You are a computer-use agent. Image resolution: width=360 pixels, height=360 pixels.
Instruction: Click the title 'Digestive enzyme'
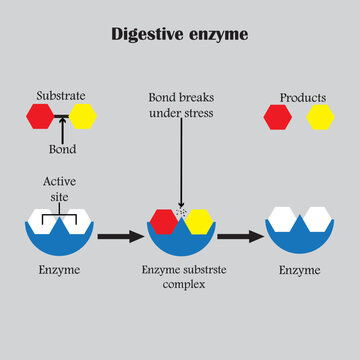click(180, 35)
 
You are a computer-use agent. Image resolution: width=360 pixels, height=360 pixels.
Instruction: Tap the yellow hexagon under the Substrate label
click(82, 117)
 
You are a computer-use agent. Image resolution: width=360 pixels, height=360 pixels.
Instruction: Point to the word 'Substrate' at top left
click(60, 95)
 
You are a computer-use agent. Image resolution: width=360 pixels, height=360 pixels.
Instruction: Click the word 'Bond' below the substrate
click(62, 150)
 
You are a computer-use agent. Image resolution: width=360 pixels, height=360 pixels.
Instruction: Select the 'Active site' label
click(59, 189)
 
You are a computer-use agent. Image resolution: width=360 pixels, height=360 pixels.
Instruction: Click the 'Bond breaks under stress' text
click(180, 104)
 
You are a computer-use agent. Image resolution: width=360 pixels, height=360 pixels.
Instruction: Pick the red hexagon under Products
click(278, 119)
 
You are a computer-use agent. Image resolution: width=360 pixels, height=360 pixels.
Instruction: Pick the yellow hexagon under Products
click(320, 119)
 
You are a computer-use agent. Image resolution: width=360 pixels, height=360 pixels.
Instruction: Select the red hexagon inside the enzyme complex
click(164, 222)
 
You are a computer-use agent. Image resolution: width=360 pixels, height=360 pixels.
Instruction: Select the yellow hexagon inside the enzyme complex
click(199, 222)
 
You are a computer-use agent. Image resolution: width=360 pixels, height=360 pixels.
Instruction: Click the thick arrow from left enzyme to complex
click(121, 237)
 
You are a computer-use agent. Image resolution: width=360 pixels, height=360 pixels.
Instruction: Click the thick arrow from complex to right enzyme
click(240, 237)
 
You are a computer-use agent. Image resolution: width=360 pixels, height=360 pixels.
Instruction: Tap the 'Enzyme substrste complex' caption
click(180, 278)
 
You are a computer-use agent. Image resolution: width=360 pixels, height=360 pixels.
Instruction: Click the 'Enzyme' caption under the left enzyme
click(59, 271)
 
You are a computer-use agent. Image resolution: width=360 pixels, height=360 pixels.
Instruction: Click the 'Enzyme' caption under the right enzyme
click(299, 271)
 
